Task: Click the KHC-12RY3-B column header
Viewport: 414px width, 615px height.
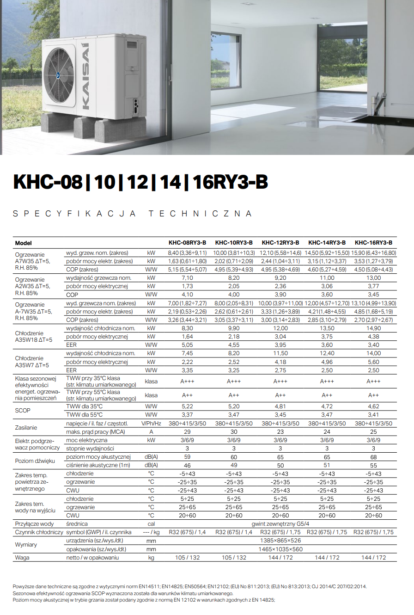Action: click(280, 242)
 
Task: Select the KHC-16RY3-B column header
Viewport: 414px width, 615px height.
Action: click(373, 242)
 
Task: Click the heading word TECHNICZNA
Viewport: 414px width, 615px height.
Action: click(201, 214)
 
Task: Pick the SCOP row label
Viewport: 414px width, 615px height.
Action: click(23, 411)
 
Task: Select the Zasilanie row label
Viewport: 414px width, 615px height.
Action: click(26, 428)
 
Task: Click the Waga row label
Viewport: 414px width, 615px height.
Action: click(22, 558)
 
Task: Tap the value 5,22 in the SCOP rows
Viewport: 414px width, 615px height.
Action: click(187, 406)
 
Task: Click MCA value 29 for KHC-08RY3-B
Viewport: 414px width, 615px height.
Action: click(187, 432)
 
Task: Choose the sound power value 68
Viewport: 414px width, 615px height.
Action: click(373, 457)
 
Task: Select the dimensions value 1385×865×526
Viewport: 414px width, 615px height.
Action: click(280, 541)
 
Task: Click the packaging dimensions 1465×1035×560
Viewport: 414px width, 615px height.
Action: click(280, 549)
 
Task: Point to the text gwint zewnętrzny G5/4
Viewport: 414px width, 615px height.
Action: click(280, 524)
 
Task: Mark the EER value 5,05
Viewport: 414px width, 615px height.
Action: click(187, 344)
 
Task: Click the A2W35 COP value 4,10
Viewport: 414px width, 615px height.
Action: click(187, 295)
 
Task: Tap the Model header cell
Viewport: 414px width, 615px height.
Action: click(23, 243)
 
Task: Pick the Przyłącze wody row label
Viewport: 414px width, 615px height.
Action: click(34, 524)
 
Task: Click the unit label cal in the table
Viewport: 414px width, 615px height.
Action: click(151, 524)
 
